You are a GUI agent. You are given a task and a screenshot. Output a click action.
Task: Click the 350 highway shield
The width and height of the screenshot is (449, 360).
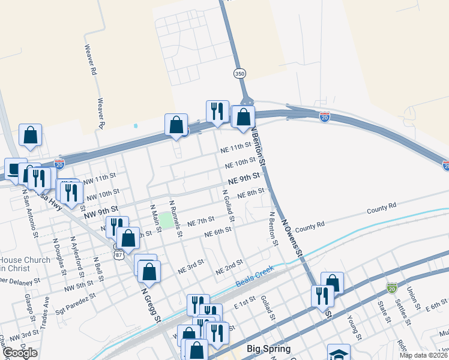coord(240,73)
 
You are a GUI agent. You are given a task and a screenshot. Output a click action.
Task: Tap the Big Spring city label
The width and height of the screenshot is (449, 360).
coord(269,349)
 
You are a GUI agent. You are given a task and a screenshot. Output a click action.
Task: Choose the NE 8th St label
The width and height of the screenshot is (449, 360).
coord(251,194)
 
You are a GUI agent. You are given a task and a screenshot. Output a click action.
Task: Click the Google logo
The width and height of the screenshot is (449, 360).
coord(20,353)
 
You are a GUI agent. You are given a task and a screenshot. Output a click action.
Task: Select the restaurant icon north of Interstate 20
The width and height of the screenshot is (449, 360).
coord(217,110)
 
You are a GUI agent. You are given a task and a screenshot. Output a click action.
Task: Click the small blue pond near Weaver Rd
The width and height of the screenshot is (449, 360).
coord(136,126)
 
